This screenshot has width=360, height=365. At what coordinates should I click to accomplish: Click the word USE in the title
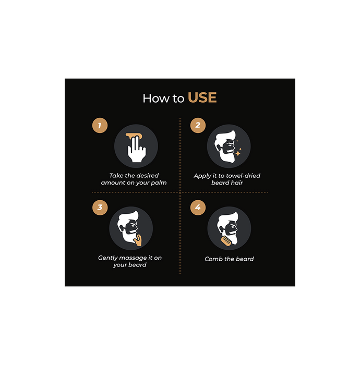click(x=202, y=98)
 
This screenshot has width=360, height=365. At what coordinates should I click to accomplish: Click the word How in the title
click(x=156, y=98)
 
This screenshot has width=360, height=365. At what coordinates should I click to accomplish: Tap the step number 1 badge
click(x=100, y=126)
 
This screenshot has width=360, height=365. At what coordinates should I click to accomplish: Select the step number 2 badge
click(x=198, y=125)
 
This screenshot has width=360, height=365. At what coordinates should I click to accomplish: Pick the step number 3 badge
click(x=100, y=208)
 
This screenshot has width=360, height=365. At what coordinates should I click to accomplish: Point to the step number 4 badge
click(x=198, y=208)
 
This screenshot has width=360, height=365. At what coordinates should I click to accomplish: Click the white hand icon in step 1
click(x=137, y=149)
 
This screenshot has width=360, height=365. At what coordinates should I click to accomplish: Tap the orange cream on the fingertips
click(x=134, y=136)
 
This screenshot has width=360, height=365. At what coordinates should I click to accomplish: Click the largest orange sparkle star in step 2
click(x=238, y=153)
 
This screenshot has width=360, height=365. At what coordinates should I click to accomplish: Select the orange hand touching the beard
click(x=138, y=240)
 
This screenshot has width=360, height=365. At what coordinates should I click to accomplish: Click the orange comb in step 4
click(x=226, y=241)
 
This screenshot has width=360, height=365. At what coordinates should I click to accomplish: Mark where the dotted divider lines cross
click(x=180, y=192)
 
